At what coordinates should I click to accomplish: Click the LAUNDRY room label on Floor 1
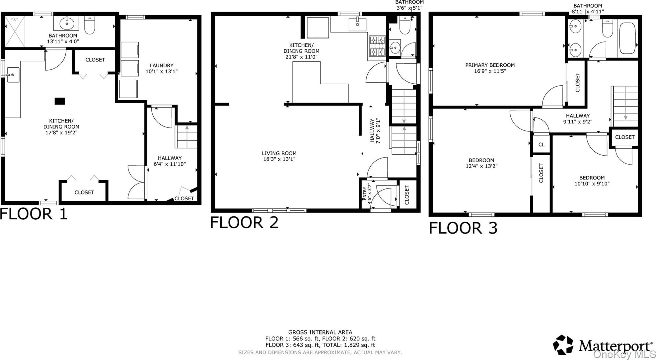(x=161, y=65)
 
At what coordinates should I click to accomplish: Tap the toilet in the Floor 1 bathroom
(x=90, y=25)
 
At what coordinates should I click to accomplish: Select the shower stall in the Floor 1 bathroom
(x=15, y=32)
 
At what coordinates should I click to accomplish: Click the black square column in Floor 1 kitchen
(x=60, y=101)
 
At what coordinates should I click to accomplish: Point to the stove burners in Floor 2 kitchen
(x=378, y=45)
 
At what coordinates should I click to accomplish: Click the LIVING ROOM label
(x=279, y=153)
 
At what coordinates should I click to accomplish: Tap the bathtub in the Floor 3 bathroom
(x=627, y=38)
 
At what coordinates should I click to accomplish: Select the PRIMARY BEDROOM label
(x=490, y=65)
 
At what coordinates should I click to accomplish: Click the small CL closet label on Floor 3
(x=541, y=145)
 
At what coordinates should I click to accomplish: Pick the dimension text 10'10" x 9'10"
(x=592, y=183)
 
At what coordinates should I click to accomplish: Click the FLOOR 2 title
(x=244, y=222)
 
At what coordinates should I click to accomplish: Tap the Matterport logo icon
(x=563, y=345)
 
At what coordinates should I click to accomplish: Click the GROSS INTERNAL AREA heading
(x=320, y=332)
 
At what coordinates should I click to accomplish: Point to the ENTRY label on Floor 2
(x=365, y=193)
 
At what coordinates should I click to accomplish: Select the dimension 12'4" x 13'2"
(x=481, y=166)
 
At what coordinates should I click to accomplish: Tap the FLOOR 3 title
(x=463, y=228)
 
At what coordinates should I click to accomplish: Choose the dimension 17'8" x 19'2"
(x=61, y=132)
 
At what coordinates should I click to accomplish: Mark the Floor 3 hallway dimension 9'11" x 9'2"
(x=578, y=121)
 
